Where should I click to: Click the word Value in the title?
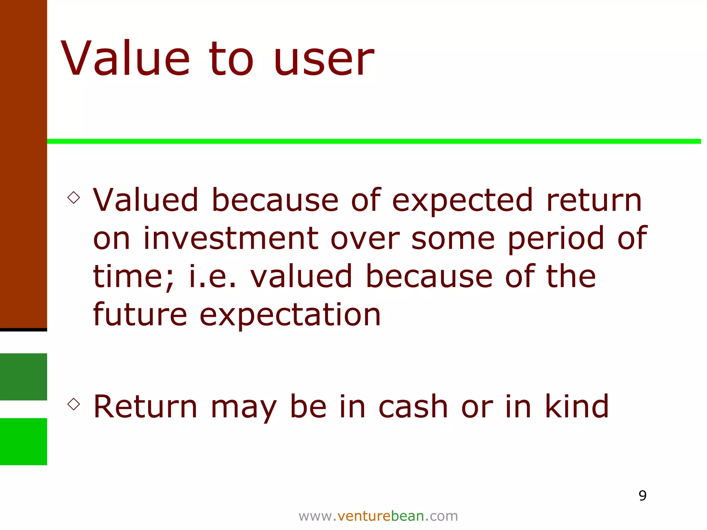[x=126, y=59]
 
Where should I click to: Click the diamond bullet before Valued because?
[x=74, y=198]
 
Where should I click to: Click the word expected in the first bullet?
[x=463, y=201]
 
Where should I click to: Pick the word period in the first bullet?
[x=556, y=239]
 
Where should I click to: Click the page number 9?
[x=642, y=496]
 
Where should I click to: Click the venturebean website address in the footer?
[x=378, y=516]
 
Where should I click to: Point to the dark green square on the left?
[x=23, y=376]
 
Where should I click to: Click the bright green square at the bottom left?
[x=23, y=441]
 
